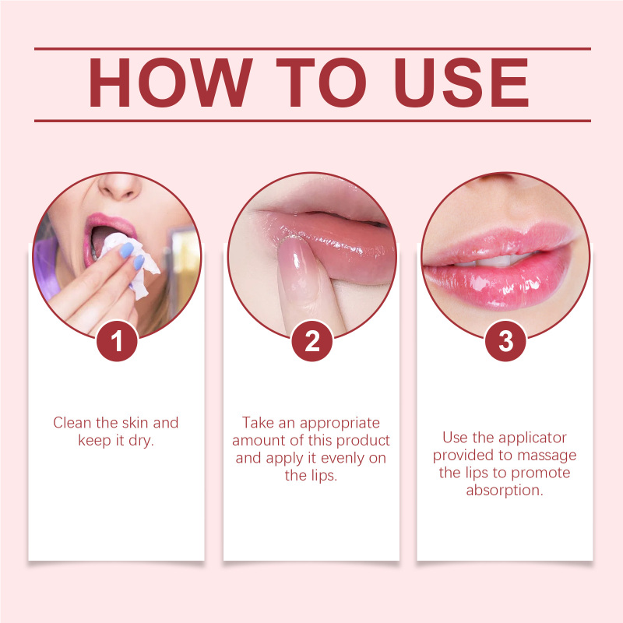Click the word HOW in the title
coord(170,83)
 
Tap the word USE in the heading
coord(461,83)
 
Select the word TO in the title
coord(321,83)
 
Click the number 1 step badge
coord(117,341)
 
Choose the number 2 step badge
coord(312,341)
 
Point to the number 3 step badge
coord(505,341)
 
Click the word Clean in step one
coord(72,423)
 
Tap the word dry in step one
coord(141,442)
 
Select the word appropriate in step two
coord(340,424)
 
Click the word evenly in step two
coord(343,459)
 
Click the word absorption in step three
coord(505,491)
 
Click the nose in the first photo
coord(120,187)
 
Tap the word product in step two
coord(363,442)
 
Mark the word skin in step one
coord(135,423)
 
